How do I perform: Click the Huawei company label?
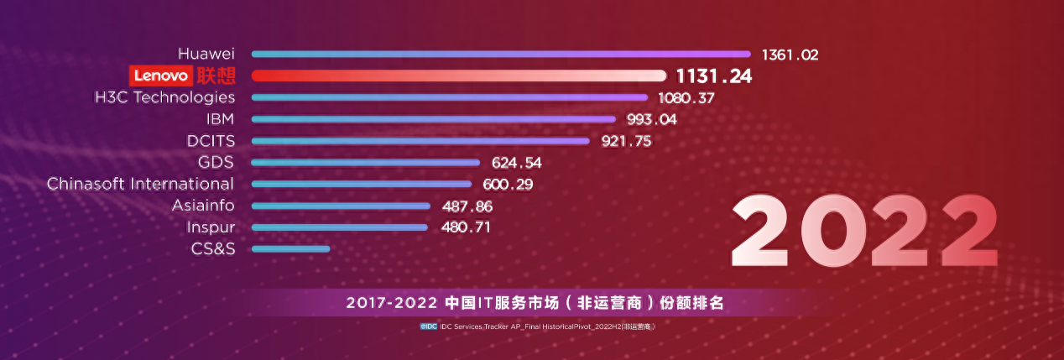(206, 54)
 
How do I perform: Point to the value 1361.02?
(790, 55)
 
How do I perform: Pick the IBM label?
(220, 119)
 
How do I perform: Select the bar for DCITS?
(424, 141)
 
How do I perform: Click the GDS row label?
(216, 162)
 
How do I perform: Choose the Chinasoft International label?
(140, 184)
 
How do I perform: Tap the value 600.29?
(508, 184)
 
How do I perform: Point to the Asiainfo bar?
(341, 206)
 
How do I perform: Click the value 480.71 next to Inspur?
(466, 227)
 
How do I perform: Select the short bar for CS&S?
(290, 248)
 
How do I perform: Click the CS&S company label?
(213, 248)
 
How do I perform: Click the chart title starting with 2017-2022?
(535, 303)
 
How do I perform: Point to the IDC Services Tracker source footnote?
(537, 326)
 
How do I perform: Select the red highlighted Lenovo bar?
(458, 76)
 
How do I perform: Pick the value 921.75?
(626, 141)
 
